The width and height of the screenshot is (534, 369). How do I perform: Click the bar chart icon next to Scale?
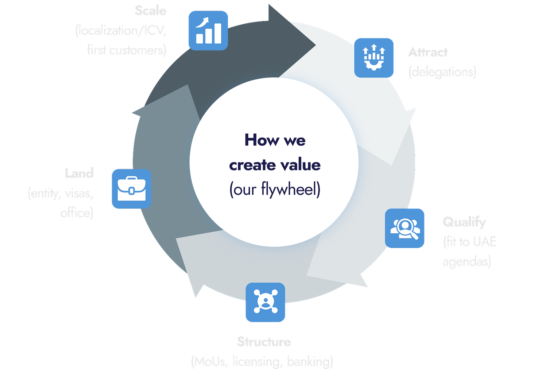coord(208,30)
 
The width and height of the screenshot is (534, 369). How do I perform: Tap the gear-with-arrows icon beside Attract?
coord(374,57)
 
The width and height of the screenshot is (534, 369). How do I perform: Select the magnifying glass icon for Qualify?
coord(405,228)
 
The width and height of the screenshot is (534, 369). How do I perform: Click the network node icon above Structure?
coord(265,302)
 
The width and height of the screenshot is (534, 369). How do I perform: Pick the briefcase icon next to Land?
coord(131,189)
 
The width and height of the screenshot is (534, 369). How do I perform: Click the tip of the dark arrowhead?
coord(315,44)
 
